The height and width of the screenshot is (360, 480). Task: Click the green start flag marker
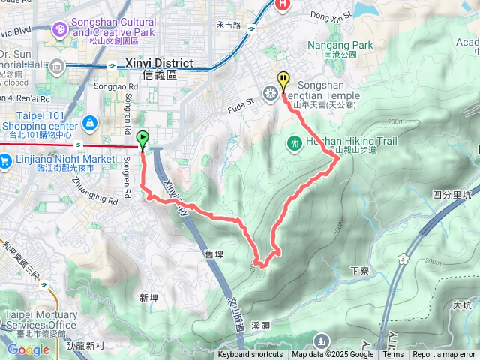pos(142,138)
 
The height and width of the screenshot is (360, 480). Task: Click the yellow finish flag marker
pos(283,79)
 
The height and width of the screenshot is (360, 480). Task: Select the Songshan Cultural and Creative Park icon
pos(59,29)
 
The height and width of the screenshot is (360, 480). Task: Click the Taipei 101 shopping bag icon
pos(89,121)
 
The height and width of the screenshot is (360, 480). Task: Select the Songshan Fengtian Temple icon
pos(271,94)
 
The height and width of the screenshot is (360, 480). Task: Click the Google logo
pos(28,349)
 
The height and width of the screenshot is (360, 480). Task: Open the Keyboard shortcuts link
pos(250,355)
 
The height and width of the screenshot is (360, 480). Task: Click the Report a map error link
pos(444,355)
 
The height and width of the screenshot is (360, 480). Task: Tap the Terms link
pos(393,355)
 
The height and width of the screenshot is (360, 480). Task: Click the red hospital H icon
pos(283,4)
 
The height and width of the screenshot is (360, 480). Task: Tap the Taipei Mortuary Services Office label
pos(41,319)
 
